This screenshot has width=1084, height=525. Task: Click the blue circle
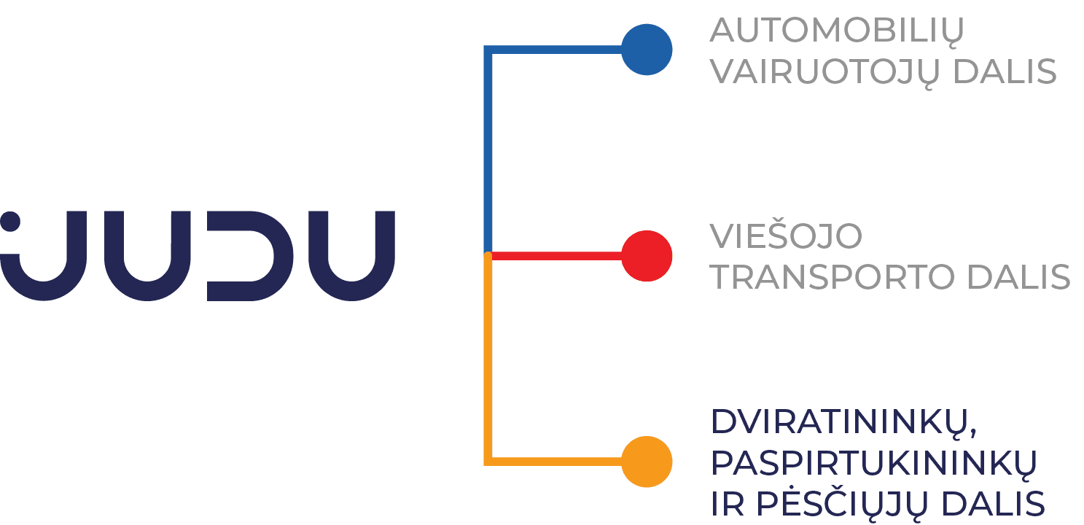(646, 50)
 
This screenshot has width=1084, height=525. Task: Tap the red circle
(646, 256)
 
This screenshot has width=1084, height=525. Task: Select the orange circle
(646, 462)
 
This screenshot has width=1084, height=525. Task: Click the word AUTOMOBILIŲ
(837, 31)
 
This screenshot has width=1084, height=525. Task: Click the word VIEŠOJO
(786, 236)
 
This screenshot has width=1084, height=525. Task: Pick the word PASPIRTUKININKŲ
(873, 464)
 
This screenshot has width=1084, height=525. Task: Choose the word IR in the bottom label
(727, 505)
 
